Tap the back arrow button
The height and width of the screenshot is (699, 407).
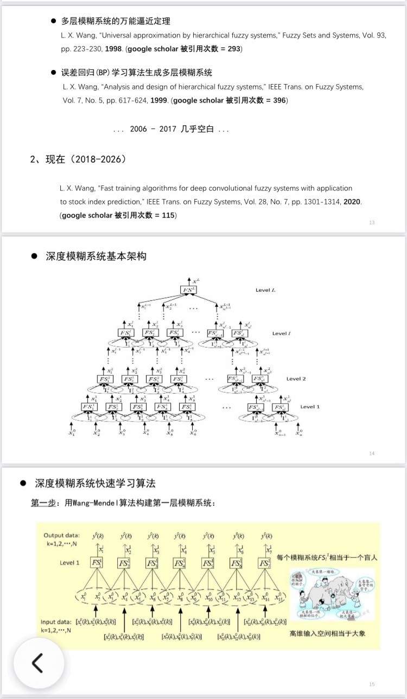(38, 663)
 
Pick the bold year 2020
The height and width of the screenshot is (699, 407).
(352, 202)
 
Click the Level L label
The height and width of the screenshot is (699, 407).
(265, 290)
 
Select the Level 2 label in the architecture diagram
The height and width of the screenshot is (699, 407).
(296, 379)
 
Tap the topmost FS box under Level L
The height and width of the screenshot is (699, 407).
(188, 290)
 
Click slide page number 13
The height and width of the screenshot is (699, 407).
(372, 222)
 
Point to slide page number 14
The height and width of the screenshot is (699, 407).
(372, 453)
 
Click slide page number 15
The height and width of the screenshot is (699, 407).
(372, 684)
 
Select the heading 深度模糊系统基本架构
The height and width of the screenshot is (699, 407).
(96, 256)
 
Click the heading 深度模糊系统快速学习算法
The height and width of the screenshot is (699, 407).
(96, 483)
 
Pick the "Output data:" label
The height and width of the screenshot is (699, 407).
(62, 535)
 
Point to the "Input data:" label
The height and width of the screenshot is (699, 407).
(59, 621)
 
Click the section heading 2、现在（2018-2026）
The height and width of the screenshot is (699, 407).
(78, 159)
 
